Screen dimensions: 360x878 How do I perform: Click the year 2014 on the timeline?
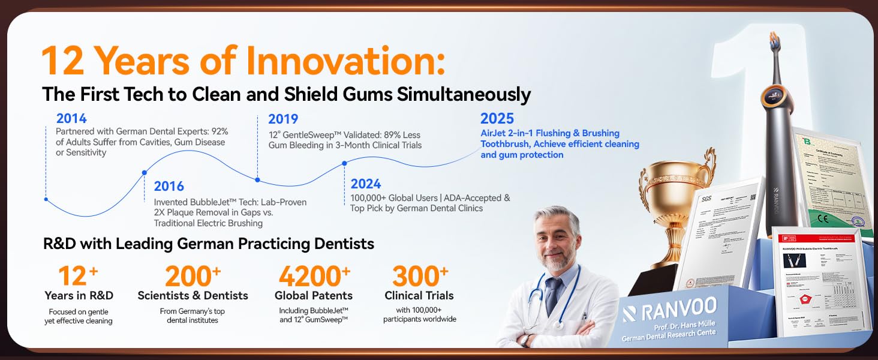pos(72,118)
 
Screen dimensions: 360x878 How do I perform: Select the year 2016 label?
pos(169,187)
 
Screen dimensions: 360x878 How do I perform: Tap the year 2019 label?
pos(283,119)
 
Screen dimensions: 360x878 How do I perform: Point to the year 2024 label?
pos(366,184)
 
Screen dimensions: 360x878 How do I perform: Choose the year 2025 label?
pos(497,118)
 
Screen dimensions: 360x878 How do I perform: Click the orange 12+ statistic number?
pos(78,276)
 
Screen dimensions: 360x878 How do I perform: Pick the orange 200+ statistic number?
pos(193,276)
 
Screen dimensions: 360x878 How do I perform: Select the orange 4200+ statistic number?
pos(314,276)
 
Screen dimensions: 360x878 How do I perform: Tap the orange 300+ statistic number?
pos(420,276)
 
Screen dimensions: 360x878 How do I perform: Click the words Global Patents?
pos(314,295)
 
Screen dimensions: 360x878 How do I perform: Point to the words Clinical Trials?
pos(419,295)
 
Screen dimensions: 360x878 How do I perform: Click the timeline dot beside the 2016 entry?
pos(144,173)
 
